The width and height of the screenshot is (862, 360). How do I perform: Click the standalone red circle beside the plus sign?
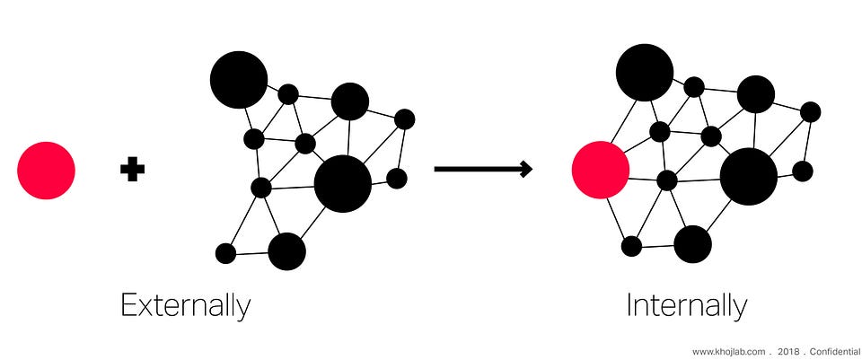[x=46, y=170]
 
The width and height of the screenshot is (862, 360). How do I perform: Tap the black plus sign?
[x=132, y=170]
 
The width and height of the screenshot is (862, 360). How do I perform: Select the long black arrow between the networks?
[x=483, y=169]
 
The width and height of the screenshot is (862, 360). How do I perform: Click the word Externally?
[x=186, y=306]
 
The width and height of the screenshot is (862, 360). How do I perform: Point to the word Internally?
[x=686, y=306]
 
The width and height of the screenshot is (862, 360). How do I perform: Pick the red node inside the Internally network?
[x=601, y=170]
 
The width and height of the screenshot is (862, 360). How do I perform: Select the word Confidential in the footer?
[x=835, y=351]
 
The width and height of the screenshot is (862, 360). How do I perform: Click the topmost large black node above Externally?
[x=239, y=80]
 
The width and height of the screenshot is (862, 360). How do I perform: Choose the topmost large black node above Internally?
[x=645, y=72]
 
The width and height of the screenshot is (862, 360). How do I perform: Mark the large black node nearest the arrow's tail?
[x=342, y=184]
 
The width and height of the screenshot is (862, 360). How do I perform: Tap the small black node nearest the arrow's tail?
[x=397, y=178]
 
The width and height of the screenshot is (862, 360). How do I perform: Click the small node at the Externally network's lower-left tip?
[x=225, y=253]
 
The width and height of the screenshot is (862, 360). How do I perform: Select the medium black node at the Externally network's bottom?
[x=286, y=251]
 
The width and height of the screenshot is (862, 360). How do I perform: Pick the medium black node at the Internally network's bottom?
[x=692, y=244]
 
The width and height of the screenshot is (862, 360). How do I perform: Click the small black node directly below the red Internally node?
[x=631, y=246]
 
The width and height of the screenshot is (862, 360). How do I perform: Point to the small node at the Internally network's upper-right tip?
[x=810, y=111]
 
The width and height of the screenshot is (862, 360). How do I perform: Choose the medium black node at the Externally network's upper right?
[x=349, y=101]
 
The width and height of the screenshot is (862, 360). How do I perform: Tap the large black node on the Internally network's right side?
[x=748, y=176]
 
